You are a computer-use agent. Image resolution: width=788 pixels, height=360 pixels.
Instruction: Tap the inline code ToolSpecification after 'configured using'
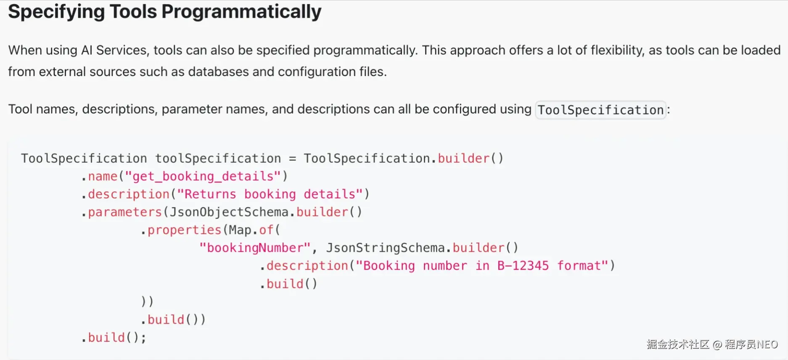[600, 110]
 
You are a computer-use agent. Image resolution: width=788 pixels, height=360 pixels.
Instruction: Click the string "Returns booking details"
[270, 194]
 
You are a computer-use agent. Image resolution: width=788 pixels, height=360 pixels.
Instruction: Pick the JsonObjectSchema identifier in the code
[229, 212]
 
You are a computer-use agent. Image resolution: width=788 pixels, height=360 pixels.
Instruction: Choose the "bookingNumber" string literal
[255, 248]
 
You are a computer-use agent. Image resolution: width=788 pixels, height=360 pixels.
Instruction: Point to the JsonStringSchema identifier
[385, 248]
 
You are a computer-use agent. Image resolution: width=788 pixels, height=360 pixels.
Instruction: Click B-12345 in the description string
[523, 266]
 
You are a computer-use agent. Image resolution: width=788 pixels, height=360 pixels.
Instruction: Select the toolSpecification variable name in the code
[218, 159]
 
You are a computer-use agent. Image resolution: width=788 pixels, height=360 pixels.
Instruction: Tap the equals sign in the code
[292, 159]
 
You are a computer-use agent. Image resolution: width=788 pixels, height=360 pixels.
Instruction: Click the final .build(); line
[114, 337]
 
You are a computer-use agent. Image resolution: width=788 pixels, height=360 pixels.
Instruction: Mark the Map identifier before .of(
[240, 230]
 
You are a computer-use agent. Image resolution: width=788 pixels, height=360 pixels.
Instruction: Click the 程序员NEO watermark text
[751, 344]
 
